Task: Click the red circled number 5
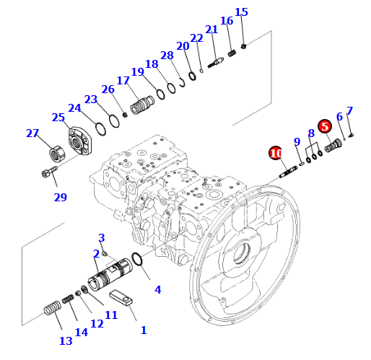pos(325,126)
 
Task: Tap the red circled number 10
pos(276,153)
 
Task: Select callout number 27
pos(32,133)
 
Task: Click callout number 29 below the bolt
pos(61,198)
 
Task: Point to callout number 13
pos(66,341)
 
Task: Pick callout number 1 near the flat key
pos(144,330)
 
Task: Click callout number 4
pos(158,290)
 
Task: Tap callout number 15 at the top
pos(241,12)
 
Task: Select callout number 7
pos(349,111)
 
